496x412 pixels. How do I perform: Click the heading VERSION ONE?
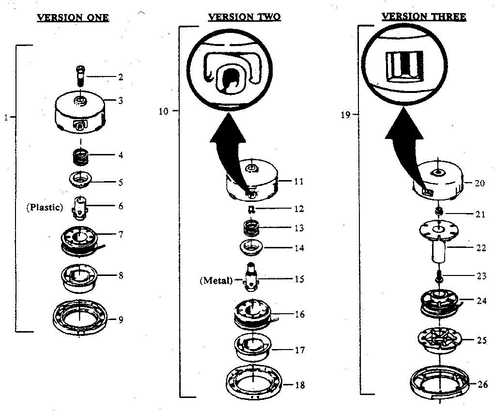pos(73,17)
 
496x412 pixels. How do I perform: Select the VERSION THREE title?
pos(423,16)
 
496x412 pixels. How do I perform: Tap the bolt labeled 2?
pos(80,76)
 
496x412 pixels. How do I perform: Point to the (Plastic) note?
pos(45,207)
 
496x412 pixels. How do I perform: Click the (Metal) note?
pos(217,280)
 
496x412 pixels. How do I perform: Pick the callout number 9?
pos(121,320)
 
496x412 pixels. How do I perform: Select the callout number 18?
pos(299,385)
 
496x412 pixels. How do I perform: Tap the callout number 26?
pos(483,384)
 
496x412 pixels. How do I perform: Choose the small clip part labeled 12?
pos(252,209)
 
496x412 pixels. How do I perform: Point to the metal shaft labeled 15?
pos(251,277)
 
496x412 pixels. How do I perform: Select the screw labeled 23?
pos(439,276)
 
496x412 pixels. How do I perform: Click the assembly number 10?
pos(164,111)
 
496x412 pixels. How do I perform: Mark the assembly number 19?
pos(345,115)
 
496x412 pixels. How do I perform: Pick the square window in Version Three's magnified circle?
pos(404,65)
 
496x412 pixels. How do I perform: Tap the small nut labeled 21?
pos(438,211)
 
